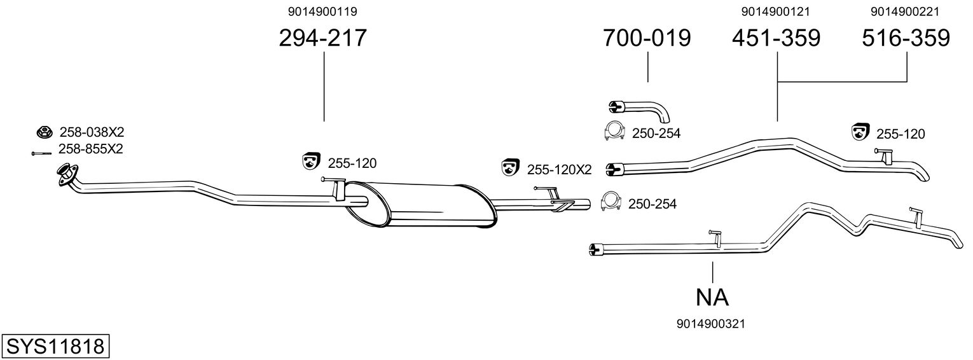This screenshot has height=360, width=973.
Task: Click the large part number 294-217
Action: [x=323, y=38]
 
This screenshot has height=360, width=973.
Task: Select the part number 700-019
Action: [x=647, y=38]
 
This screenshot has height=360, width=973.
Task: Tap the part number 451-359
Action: [x=776, y=38]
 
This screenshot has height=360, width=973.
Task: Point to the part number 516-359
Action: [x=906, y=38]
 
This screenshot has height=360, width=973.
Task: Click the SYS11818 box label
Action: [x=55, y=347]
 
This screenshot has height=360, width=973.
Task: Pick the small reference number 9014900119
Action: [x=322, y=11]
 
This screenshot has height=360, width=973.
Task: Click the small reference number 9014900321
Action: [x=712, y=324]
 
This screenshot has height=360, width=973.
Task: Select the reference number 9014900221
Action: [x=905, y=11]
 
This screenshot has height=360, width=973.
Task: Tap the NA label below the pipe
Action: [x=712, y=297]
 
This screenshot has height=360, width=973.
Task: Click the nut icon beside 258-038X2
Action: [x=44, y=132]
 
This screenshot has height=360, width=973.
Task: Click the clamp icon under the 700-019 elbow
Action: [x=613, y=131]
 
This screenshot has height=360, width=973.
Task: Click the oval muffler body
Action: [x=420, y=204]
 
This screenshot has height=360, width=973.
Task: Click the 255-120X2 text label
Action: [x=559, y=170]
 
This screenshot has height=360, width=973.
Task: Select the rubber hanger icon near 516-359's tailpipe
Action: [x=860, y=132]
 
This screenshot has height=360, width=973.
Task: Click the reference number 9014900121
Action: [x=775, y=11]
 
